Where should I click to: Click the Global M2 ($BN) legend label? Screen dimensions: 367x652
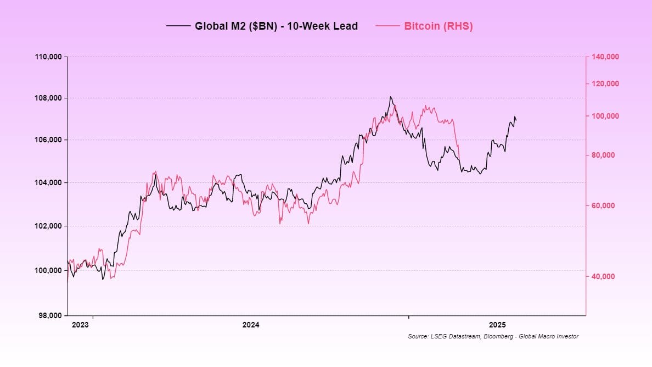tap(276, 26)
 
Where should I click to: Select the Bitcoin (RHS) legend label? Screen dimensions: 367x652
tap(438, 26)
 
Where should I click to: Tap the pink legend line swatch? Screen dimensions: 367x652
tap(387, 26)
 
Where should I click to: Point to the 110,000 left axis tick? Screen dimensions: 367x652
tap(49, 57)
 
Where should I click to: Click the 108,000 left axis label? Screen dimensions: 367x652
tap(49, 98)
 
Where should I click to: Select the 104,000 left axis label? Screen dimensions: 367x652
tap(49, 182)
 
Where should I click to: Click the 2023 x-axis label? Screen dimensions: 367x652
tap(80, 325)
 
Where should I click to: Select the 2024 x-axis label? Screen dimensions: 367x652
tap(251, 325)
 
